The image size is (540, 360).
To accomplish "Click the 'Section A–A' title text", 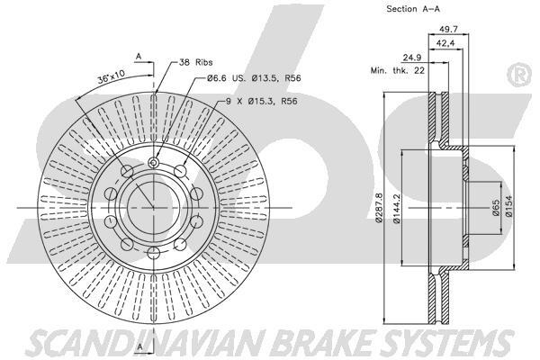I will [413, 9].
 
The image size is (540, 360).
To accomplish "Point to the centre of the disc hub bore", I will [151, 205].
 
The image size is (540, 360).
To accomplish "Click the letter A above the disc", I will [139, 56].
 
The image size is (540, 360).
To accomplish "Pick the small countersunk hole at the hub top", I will [152, 163].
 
